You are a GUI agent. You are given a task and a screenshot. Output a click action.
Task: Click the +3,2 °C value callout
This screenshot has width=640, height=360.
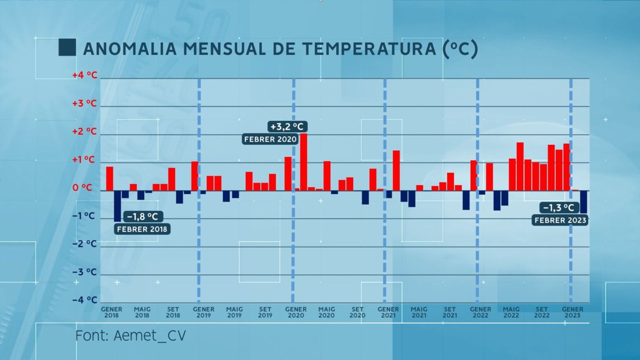tap(287, 127)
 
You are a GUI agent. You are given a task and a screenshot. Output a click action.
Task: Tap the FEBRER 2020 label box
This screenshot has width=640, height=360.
tap(270, 139)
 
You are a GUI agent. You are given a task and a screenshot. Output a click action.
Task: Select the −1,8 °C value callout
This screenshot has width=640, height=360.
tap(142, 216)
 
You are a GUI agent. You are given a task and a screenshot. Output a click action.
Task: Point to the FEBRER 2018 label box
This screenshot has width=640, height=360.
tap(142, 229)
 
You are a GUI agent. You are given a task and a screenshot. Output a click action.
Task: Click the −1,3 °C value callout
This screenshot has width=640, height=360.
tap(558, 208)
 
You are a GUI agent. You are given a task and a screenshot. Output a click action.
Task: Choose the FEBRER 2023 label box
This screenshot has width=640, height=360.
tap(560, 220)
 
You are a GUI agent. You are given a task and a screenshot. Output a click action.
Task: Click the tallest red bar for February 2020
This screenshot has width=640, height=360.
tap(304, 162)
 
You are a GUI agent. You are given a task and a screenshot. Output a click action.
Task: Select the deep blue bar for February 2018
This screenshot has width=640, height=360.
tap(118, 206)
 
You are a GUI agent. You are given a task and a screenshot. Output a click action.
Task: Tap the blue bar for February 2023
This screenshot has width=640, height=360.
tap(584, 202)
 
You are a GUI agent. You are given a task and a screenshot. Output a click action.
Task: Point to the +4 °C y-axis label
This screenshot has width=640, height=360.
tap(85, 75)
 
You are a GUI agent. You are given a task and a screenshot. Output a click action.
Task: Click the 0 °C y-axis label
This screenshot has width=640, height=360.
tap(82, 188)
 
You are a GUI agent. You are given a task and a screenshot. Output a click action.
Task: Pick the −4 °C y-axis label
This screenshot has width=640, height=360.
tap(85, 300)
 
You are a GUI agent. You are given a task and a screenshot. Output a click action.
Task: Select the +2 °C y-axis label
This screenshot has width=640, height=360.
tap(85, 132)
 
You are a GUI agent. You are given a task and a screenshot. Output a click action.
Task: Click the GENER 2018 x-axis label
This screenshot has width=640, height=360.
tap(112, 312)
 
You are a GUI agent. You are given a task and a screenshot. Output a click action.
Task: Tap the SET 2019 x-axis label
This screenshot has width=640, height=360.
tap(265, 312)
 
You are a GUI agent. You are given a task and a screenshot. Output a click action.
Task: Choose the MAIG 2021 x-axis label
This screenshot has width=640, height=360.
tap(419, 312)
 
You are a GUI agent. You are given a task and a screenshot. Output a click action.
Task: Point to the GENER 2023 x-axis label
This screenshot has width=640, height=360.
tap(572, 312)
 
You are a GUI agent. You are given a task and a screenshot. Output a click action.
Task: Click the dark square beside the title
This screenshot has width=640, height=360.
tap(67, 47)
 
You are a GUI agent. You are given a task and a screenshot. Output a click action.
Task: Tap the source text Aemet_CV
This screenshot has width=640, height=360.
tap(150, 335)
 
